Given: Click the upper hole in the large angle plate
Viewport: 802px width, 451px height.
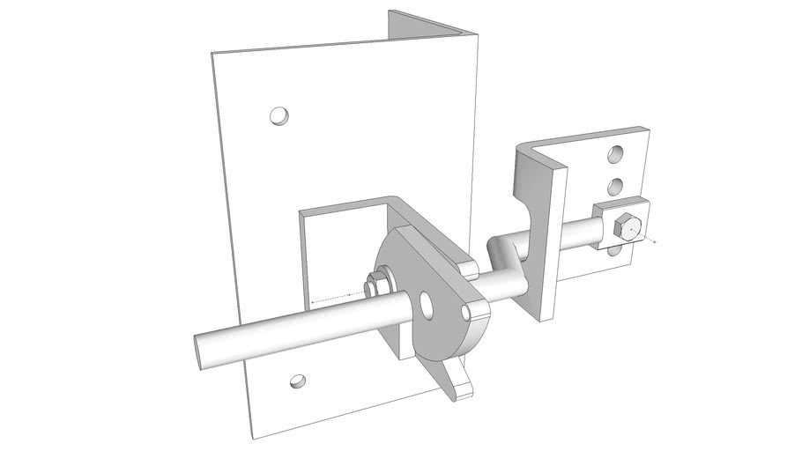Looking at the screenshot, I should coord(278,115).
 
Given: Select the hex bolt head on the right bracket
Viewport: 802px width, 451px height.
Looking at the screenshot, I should coord(625,227).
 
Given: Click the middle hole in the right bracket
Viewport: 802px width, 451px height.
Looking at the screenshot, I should coord(616,186).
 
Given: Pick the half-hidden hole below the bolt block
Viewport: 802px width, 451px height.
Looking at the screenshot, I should coord(620,254).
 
